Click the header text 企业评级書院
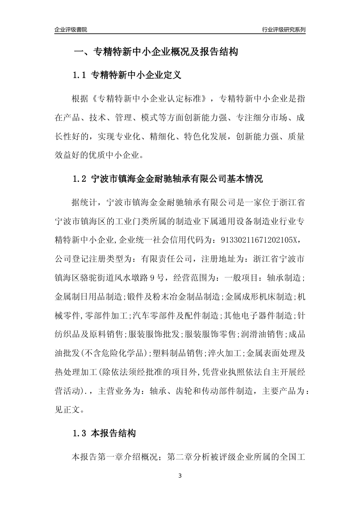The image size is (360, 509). click(71, 30)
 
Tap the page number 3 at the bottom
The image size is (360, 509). click(180, 476)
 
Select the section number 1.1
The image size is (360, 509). click(80, 75)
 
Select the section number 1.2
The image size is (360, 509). click(80, 179)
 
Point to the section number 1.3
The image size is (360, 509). click(80, 434)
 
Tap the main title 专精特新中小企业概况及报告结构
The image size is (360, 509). click(165, 52)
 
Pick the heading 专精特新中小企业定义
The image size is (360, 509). click(136, 75)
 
